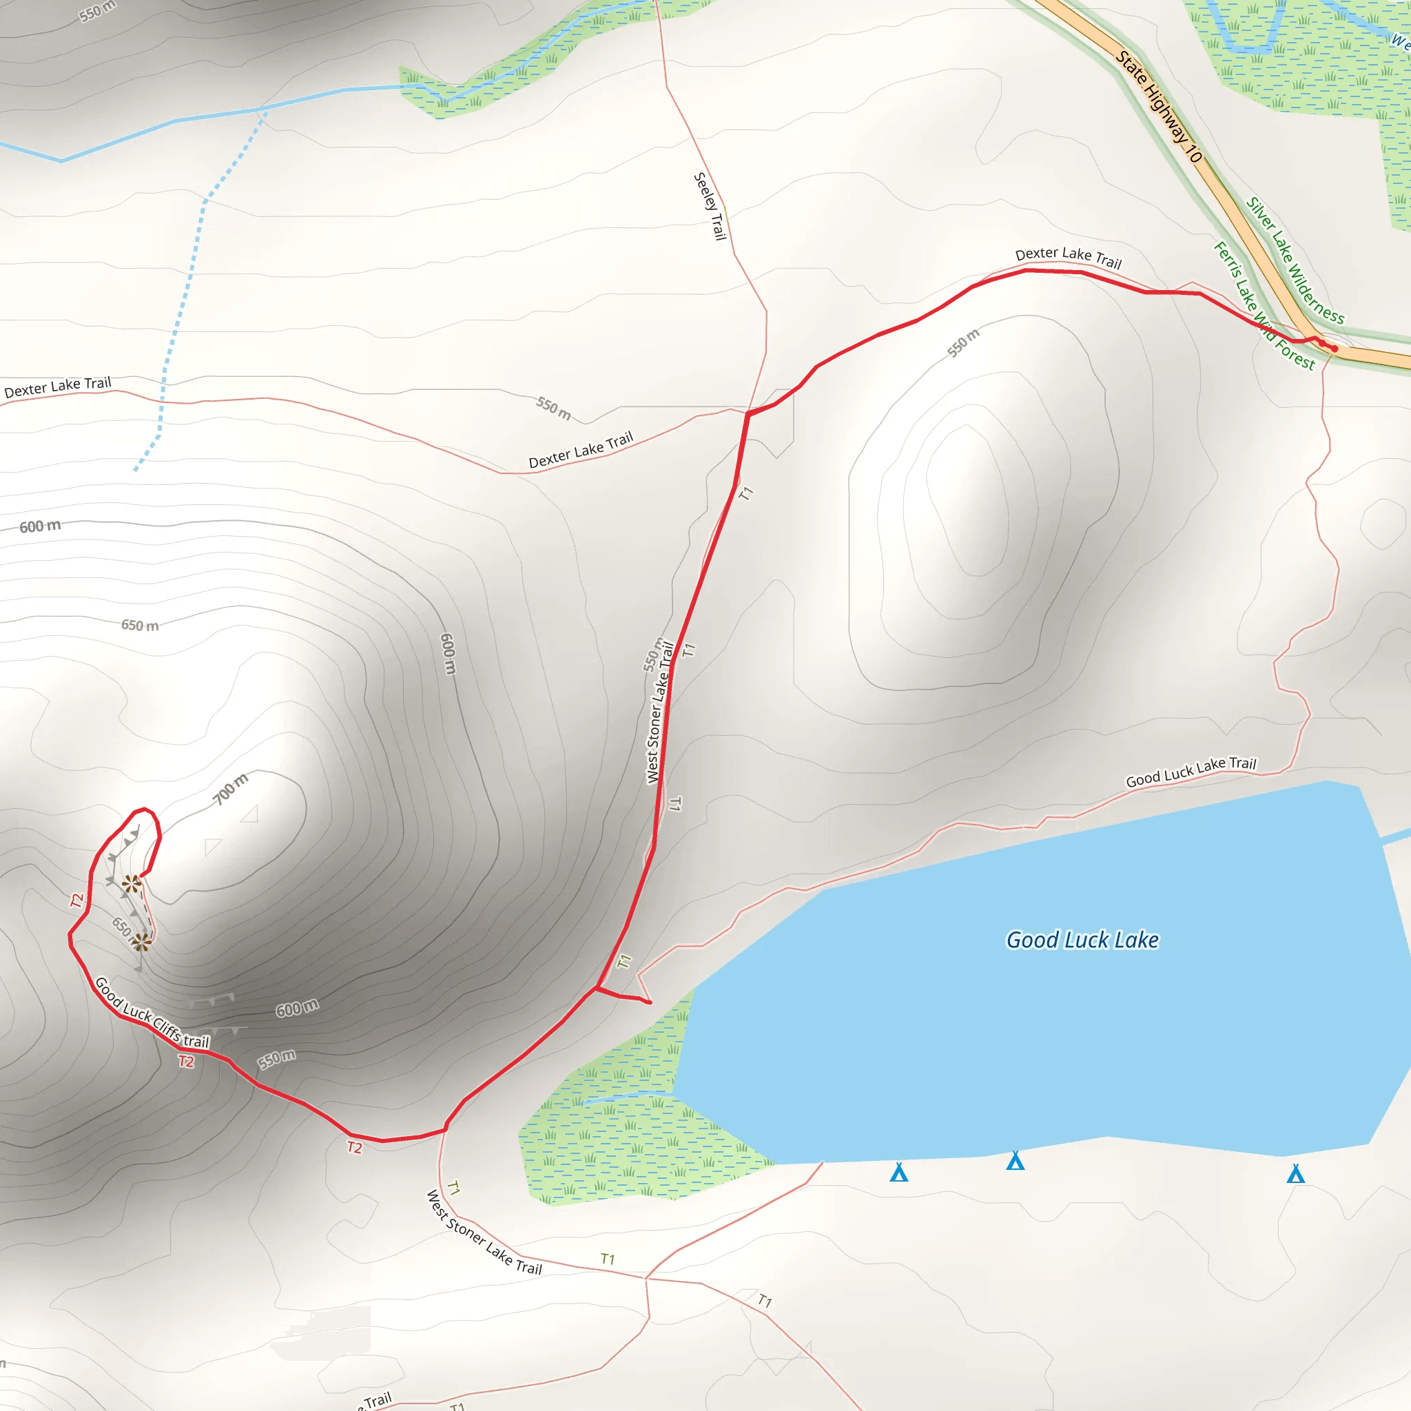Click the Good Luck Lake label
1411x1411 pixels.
(1082, 940)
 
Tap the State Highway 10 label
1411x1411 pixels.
(1158, 107)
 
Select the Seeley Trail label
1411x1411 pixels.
(710, 206)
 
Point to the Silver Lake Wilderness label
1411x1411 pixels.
(1294, 260)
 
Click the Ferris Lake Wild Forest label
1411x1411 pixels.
(1263, 305)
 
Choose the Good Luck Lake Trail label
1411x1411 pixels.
(1191, 772)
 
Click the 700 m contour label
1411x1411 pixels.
(230, 789)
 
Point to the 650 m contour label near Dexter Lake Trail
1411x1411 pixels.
(139, 625)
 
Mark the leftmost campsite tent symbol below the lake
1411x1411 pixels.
(898, 1172)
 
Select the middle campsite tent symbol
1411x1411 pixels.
(1015, 1160)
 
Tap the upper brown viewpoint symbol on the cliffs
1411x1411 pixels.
(132, 885)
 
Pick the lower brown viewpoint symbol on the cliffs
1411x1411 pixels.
(141, 942)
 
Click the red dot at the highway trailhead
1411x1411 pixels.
(1335, 349)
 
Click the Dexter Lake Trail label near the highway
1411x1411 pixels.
(1068, 257)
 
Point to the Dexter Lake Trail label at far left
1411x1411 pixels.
(58, 387)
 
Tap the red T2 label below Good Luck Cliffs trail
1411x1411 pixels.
(186, 1061)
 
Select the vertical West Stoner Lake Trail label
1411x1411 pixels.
(659, 712)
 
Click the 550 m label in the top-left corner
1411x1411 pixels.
(97, 11)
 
